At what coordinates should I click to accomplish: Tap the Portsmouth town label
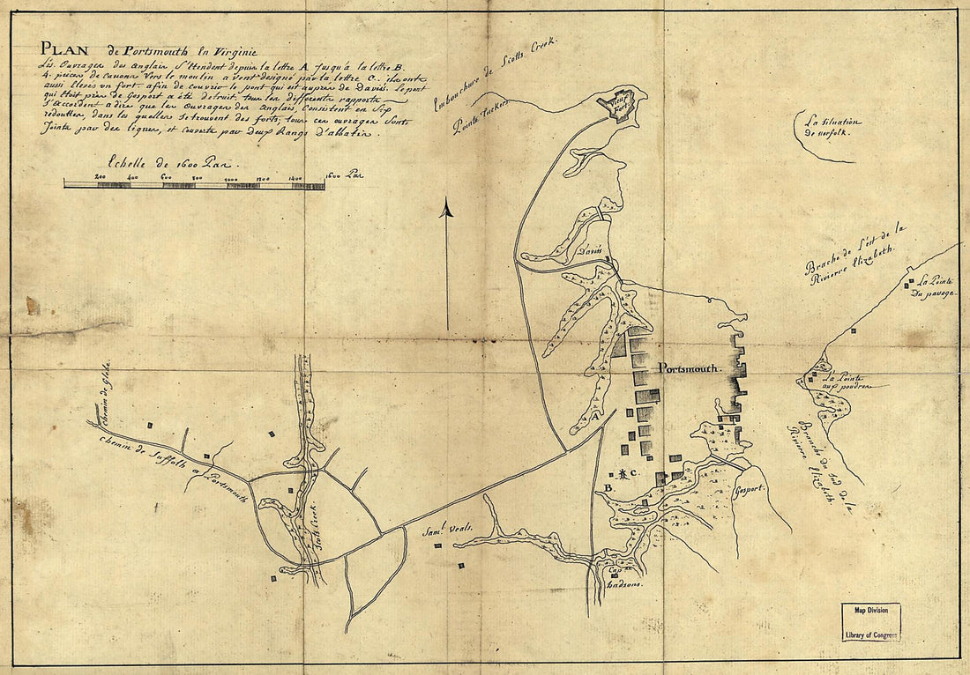[689, 368]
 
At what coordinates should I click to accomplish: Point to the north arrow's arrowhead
[446, 209]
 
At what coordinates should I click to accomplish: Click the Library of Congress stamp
[869, 623]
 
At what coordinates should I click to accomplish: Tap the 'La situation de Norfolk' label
[826, 129]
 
